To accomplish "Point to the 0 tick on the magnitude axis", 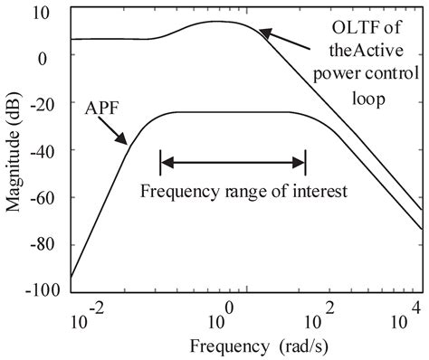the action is (53, 57).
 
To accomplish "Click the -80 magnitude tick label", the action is (45, 244).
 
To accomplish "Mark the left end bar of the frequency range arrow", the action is (160, 164).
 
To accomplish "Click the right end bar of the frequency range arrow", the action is (305, 164).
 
